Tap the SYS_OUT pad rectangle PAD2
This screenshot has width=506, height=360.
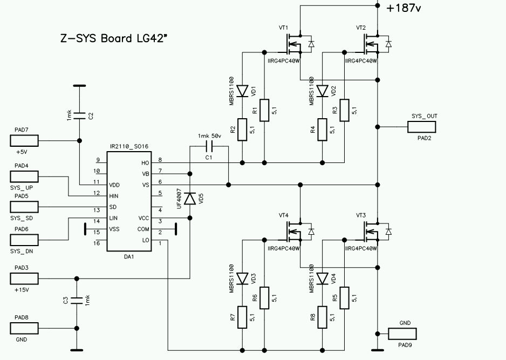(x=421, y=127)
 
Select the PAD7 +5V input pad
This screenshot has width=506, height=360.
(x=24, y=141)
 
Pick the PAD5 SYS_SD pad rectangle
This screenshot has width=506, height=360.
(x=24, y=207)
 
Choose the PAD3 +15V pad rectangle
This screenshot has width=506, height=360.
(x=24, y=279)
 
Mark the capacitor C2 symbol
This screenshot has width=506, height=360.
(x=79, y=115)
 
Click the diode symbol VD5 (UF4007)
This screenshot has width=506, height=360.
(x=190, y=199)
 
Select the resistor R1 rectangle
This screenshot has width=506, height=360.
(x=264, y=111)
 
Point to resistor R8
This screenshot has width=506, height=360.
(x=322, y=317)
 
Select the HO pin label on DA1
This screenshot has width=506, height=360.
(x=145, y=162)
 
